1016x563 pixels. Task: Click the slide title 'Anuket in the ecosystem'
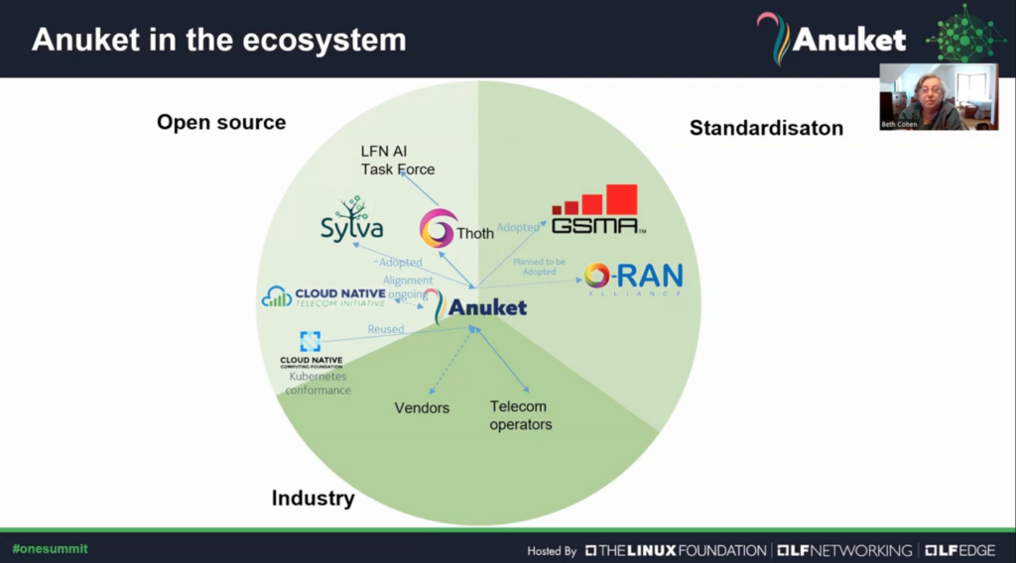(x=218, y=40)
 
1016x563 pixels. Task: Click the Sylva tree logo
(x=351, y=219)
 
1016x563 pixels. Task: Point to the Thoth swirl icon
(x=437, y=229)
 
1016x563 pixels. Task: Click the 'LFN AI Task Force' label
(x=397, y=160)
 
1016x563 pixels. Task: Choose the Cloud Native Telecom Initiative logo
(x=322, y=296)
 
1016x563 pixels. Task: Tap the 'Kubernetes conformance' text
(x=317, y=383)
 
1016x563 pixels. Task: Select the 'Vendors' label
(x=422, y=407)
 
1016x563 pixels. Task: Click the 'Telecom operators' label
(x=520, y=415)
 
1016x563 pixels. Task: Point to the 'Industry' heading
(x=313, y=498)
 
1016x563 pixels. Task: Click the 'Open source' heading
(x=221, y=122)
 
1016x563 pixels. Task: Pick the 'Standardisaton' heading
(x=766, y=127)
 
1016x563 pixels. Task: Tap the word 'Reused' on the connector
(x=385, y=329)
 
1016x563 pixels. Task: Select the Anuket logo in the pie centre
(x=475, y=306)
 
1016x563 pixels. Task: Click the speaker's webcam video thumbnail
(x=938, y=97)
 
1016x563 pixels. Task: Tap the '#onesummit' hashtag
(x=50, y=548)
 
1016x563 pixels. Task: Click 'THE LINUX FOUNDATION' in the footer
(x=675, y=550)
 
